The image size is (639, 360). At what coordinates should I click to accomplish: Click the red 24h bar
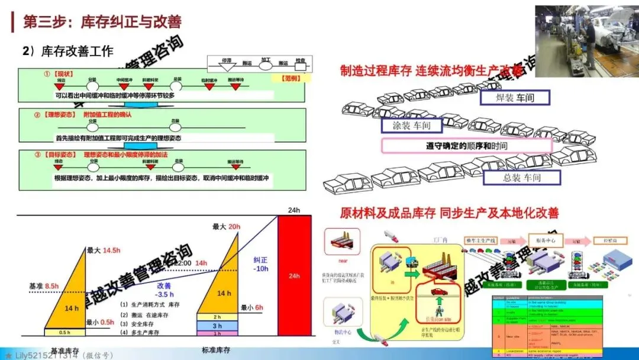tap(294, 275)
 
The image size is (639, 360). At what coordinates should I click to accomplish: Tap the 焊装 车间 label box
tap(514, 97)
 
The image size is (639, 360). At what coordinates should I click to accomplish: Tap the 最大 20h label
tap(226, 227)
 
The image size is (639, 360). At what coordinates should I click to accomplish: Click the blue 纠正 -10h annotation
tap(261, 264)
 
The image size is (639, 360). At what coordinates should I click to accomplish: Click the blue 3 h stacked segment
tap(217, 326)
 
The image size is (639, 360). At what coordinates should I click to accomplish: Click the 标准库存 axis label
tap(216, 350)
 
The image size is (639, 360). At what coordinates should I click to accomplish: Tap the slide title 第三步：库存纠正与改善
tap(102, 22)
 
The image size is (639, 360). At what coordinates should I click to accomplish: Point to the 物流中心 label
tap(343, 332)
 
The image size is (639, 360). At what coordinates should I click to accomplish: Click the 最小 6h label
tap(251, 307)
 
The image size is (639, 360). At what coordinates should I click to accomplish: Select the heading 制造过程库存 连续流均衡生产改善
tap(433, 71)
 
